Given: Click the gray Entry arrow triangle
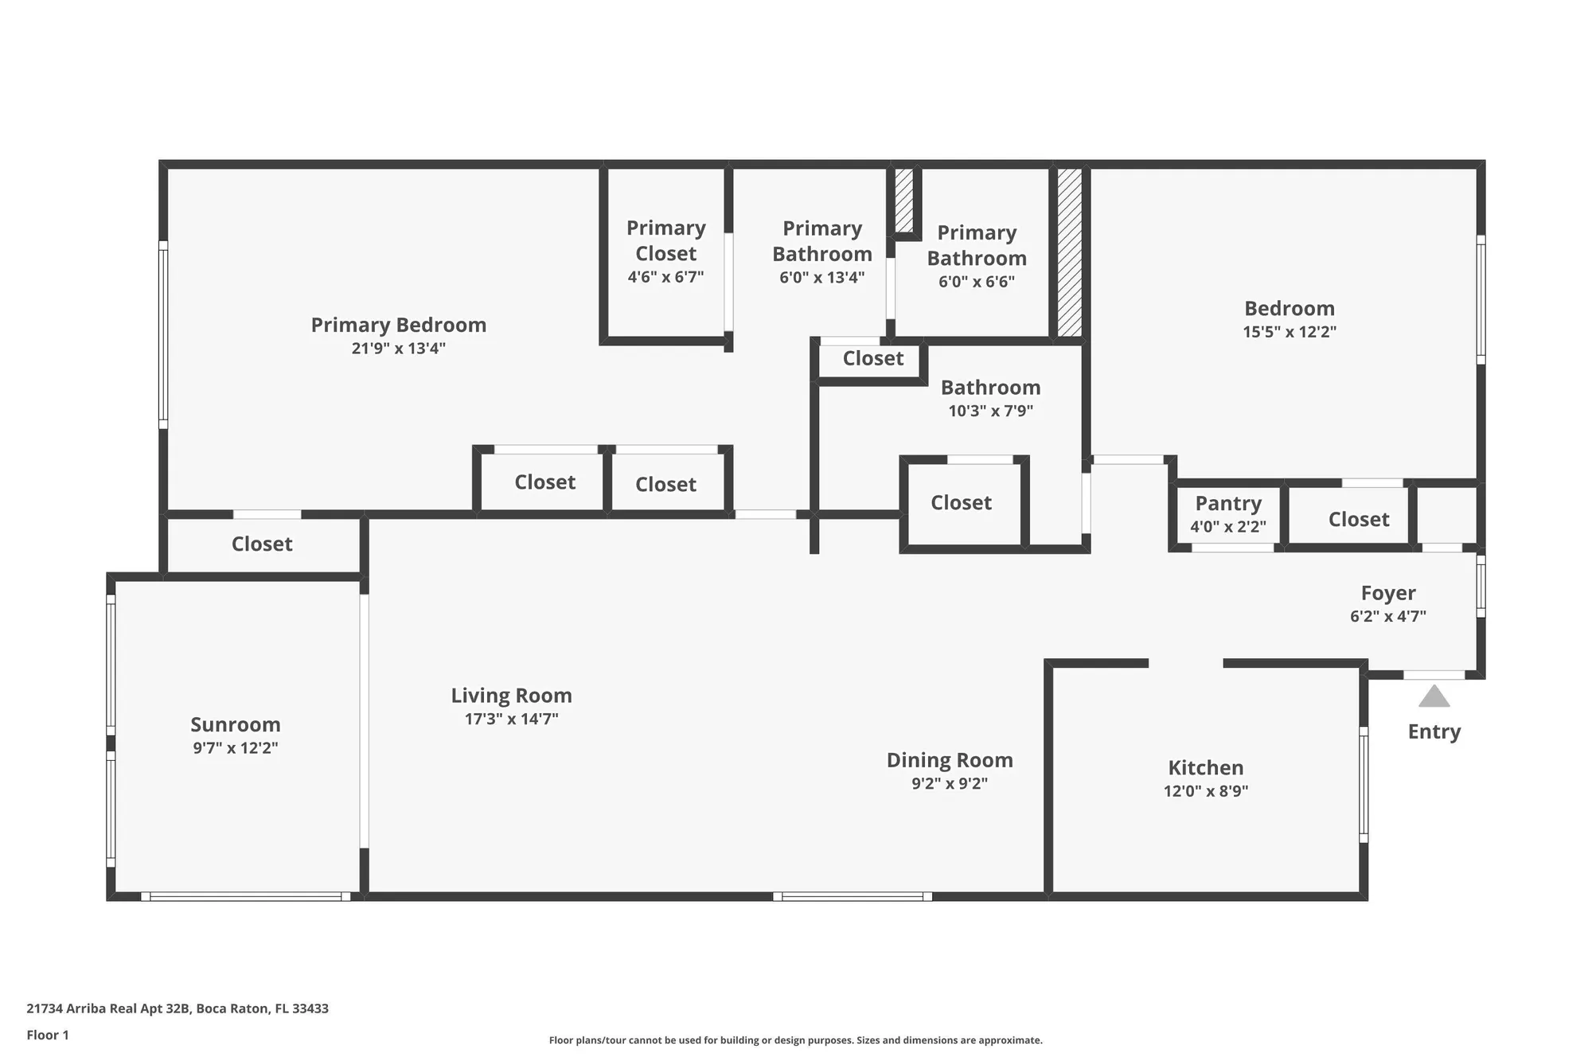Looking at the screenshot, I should pos(1434,697).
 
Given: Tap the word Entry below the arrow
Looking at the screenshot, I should pos(1434,731).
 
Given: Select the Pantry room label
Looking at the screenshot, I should pos(1228,503).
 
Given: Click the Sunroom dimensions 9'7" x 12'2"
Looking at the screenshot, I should pos(236,748).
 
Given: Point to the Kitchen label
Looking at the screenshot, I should pos(1205,767).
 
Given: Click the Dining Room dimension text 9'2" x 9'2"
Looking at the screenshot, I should pos(950,783).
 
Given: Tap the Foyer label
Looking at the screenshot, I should pos(1387,593).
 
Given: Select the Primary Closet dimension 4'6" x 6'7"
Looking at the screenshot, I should pos(665,277).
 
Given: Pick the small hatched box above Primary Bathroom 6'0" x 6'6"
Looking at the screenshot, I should pos(903,200).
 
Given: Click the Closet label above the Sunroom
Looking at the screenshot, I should pos(262,544).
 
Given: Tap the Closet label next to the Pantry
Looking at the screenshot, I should pos(1358,519).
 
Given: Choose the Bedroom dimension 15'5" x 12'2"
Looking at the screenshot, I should pos(1290,332).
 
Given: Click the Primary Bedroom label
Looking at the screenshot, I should pos(398,325).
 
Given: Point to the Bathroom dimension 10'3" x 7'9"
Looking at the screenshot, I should pos(990,411).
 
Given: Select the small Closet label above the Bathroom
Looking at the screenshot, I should pos(873,358).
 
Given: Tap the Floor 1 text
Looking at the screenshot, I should pos(48,1035).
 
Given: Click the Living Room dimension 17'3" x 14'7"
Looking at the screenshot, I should pos(511,719).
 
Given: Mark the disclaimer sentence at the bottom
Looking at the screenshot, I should pos(795,1040).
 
